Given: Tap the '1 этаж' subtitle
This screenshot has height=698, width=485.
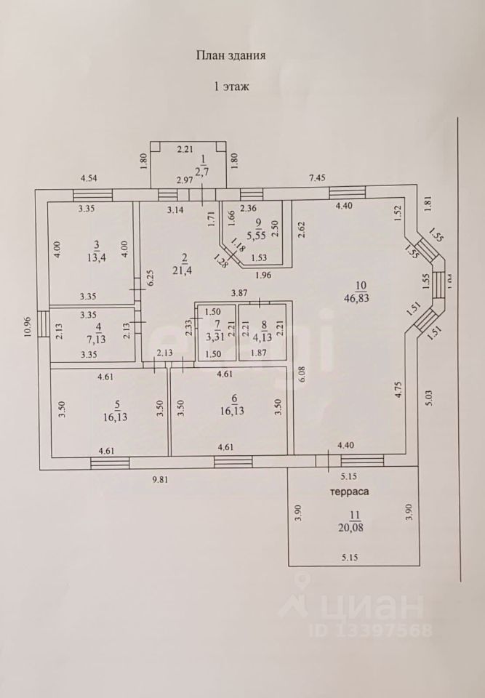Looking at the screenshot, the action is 231,86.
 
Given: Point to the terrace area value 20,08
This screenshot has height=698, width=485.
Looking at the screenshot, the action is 355,528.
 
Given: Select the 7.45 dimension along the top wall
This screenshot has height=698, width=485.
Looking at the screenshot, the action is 318,177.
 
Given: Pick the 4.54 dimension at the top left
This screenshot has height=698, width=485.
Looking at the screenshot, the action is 89,177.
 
